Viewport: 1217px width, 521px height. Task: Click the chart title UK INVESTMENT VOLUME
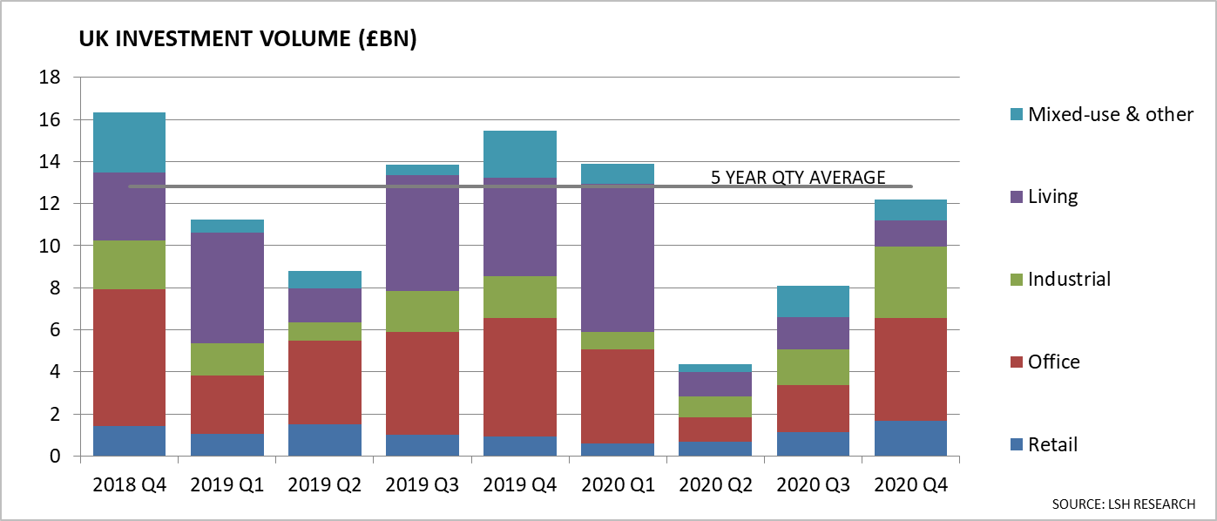[247, 41]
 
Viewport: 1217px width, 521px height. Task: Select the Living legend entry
[1052, 197]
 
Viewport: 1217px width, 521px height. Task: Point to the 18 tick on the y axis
[50, 78]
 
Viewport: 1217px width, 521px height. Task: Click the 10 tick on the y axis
[50, 247]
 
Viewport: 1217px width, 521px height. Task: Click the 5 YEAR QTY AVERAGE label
[798, 178]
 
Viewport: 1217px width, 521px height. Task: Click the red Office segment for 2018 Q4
[129, 357]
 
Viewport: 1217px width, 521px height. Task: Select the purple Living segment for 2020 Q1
[617, 258]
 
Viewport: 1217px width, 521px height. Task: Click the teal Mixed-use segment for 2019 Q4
[519, 154]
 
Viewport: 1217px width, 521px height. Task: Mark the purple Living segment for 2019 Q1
[226, 288]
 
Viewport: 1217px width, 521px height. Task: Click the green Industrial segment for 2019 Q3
[422, 311]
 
